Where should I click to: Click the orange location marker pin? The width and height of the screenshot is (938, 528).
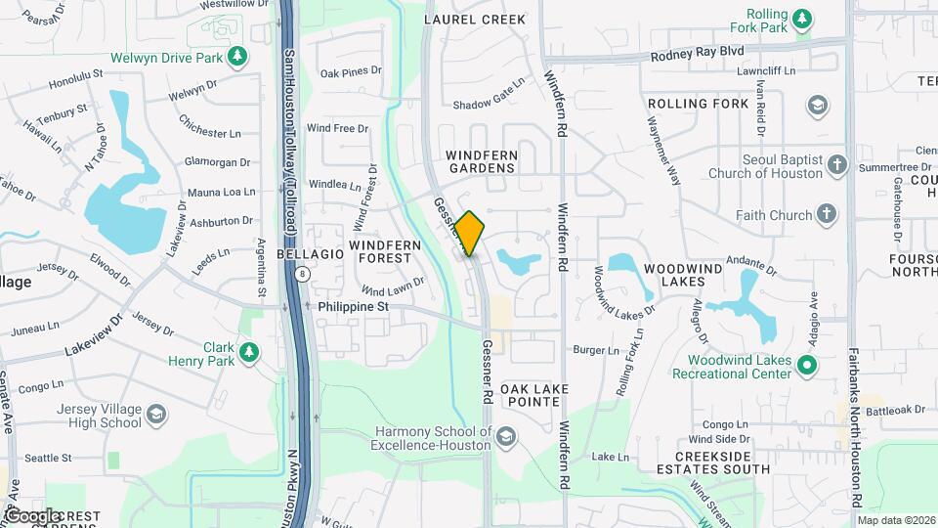[469, 234]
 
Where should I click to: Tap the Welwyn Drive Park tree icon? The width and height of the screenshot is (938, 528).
[236, 56]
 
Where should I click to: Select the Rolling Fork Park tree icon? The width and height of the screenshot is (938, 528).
[801, 19]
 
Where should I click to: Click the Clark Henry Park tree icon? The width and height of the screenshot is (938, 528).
[249, 352]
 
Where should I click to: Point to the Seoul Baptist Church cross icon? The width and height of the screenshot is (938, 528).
[836, 165]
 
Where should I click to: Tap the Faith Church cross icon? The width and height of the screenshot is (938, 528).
[827, 215]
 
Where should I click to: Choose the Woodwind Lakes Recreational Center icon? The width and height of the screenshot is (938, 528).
[806, 367]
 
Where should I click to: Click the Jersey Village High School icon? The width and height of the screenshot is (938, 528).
[155, 416]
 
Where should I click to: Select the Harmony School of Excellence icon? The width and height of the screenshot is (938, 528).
[505, 437]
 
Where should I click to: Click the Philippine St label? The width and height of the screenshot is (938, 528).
[354, 306]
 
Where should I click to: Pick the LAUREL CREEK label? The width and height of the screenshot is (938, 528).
[476, 20]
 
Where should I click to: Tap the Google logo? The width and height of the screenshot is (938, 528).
[32, 515]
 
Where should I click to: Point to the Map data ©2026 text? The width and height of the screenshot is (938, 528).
[895, 520]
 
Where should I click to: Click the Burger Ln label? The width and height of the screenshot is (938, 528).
[596, 350]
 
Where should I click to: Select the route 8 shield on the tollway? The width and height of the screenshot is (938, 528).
[305, 275]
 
